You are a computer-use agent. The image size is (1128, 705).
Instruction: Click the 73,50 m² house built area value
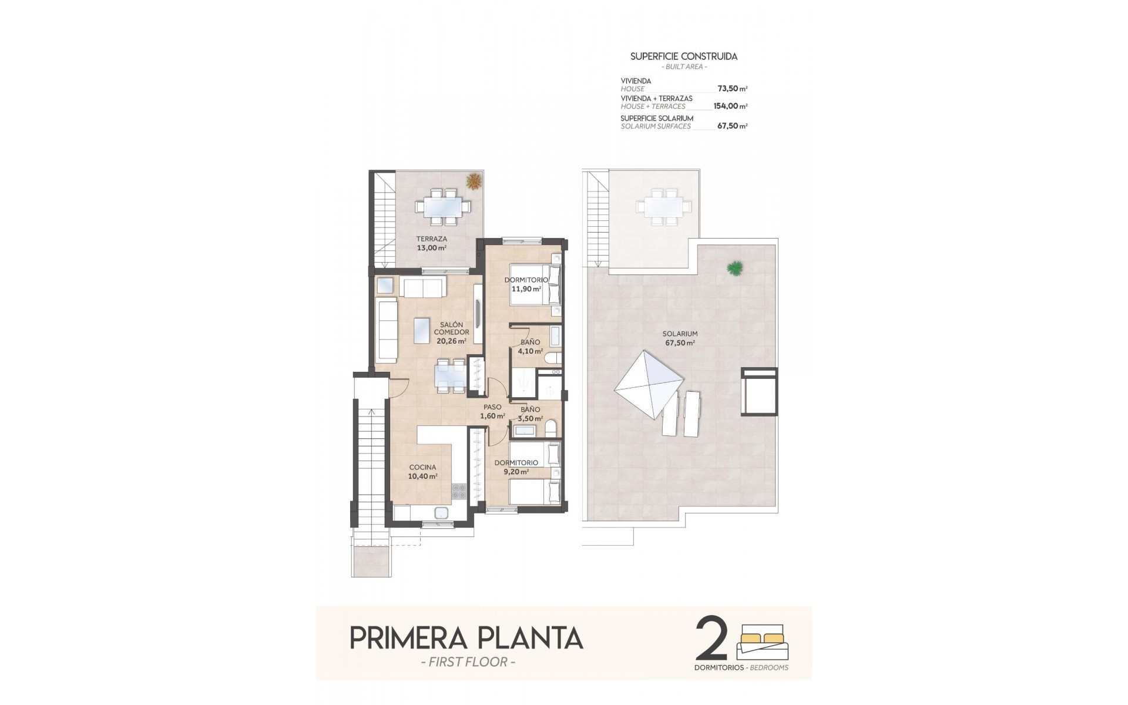point(732,89)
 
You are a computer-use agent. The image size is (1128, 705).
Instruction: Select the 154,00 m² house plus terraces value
point(730,106)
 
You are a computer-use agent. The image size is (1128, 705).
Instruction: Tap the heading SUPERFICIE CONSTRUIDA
point(684,56)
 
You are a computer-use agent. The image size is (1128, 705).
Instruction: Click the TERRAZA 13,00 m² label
point(432,243)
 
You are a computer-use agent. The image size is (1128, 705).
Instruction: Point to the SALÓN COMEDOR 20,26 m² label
point(451,333)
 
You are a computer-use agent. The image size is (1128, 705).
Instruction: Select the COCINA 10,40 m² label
point(423,472)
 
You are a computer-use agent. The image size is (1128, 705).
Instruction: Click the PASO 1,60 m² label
point(492,411)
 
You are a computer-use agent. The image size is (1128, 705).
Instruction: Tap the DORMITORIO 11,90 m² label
point(526,284)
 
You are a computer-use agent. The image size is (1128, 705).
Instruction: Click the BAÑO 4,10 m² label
point(530,346)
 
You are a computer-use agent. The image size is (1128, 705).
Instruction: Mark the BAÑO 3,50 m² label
point(529,414)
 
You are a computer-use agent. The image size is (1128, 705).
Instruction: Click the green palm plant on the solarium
point(734,268)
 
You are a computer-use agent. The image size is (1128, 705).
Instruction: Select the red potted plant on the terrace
point(472,181)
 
